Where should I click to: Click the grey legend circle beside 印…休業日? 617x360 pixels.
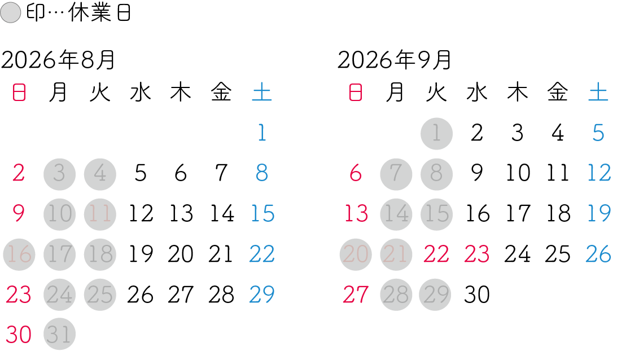[11, 12]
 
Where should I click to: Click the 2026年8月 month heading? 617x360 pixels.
[58, 60]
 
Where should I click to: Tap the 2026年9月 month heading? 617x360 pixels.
[394, 60]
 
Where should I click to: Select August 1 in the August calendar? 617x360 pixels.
[262, 133]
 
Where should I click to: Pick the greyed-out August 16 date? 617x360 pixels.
[19, 254]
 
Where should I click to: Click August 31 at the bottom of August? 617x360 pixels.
[59, 334]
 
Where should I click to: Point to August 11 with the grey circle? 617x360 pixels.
[100, 214]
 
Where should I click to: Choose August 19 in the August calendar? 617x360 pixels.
[141, 254]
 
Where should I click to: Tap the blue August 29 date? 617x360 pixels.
[262, 295]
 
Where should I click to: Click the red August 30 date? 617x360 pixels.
[19, 335]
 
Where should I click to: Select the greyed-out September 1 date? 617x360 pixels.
[436, 134]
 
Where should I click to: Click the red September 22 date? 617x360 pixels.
[436, 254]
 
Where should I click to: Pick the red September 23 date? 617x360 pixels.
[477, 254]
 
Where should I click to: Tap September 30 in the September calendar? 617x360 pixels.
[477, 295]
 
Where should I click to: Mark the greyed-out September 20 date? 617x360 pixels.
[356, 254]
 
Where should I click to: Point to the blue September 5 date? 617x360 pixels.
[598, 133]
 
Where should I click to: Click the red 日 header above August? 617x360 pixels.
[19, 93]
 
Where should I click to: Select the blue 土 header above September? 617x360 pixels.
[598, 93]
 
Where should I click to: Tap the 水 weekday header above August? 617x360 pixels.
[141, 93]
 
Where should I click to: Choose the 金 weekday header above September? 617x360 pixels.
[558, 93]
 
